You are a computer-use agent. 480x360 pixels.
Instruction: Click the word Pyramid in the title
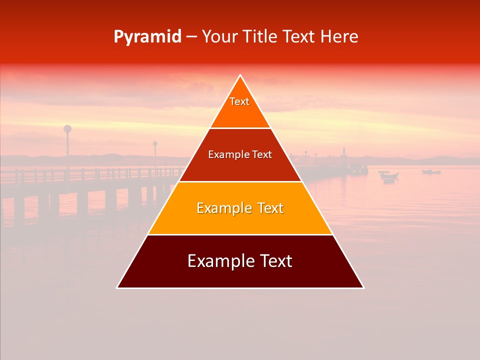pos(147,37)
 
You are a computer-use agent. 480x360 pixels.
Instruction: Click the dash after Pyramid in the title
pos(191,37)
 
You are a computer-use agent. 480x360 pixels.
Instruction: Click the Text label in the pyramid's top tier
pos(239,101)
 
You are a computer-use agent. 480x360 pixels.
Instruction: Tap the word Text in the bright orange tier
pos(267,208)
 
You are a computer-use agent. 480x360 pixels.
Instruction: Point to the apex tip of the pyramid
pos(240,75)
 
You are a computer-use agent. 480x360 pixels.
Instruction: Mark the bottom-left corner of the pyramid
pos(117,287)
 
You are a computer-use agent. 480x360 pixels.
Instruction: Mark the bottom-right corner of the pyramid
pos(363,287)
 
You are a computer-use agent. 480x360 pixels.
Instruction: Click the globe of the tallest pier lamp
pos(67,128)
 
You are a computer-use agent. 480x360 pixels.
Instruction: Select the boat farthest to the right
pos(431,172)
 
